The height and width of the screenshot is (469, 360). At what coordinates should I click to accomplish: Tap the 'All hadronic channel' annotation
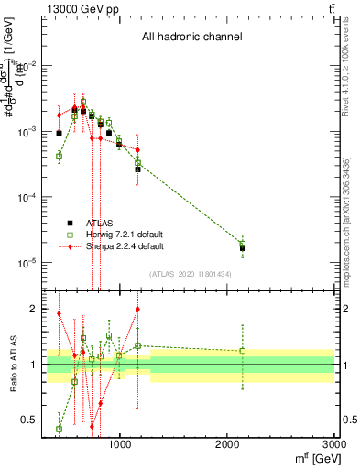(191, 38)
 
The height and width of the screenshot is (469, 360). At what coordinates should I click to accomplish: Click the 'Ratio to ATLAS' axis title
(12, 365)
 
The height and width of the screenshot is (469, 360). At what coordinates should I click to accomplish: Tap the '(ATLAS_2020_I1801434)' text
(190, 274)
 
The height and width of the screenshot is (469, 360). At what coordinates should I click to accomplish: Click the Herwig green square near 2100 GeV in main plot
(243, 245)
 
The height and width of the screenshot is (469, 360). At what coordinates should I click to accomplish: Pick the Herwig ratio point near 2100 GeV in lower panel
(243, 351)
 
